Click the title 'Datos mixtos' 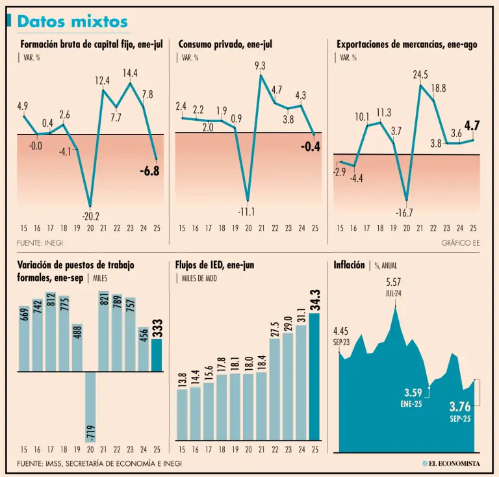[x=72, y=21]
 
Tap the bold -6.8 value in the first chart [x=149, y=172]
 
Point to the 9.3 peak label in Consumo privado [x=260, y=65]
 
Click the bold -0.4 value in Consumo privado [x=310, y=147]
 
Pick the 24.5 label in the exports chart [x=420, y=75]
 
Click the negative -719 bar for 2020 [x=90, y=407]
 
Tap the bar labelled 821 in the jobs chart [x=104, y=331]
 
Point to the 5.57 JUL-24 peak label [x=394, y=287]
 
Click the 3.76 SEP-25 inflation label [x=460, y=411]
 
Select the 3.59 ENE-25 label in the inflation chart [x=413, y=396]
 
